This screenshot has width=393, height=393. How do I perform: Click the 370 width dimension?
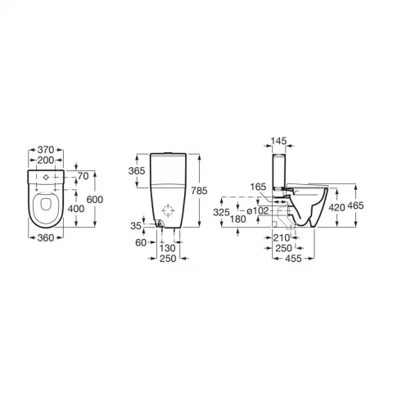pyautogui.click(x=46, y=150)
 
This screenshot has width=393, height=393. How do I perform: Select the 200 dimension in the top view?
pyautogui.click(x=46, y=160)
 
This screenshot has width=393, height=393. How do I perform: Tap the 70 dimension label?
pyautogui.click(x=84, y=176)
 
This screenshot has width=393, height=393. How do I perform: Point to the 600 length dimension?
pyautogui.click(x=95, y=200)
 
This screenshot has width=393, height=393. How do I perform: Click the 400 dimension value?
pyautogui.click(x=76, y=209)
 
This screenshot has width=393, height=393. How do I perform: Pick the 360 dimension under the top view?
pyautogui.click(x=46, y=238)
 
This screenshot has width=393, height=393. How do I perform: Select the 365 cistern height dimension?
pyautogui.click(x=137, y=171)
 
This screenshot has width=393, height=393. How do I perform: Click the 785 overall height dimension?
pyautogui.click(x=199, y=191)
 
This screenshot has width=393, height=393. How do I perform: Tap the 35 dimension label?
pyautogui.click(x=136, y=226)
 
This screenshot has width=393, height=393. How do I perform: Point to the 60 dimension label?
pyautogui.click(x=141, y=242)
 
